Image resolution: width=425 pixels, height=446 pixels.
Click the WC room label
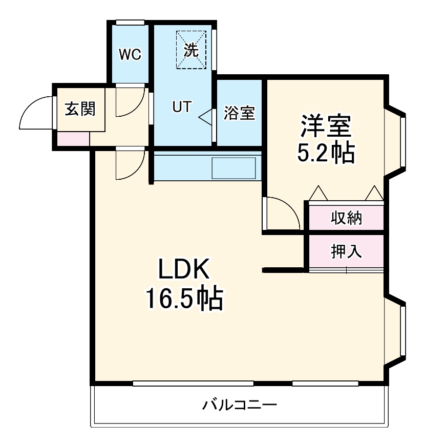tap(130, 54)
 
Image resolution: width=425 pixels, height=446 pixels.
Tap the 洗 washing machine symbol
tap(191, 50)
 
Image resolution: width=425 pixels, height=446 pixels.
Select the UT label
tap(181, 107)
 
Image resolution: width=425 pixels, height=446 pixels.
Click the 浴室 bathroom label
tap(239, 113)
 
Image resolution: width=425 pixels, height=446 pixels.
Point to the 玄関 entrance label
tap(80, 109)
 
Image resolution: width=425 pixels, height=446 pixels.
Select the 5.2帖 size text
tap(326, 152)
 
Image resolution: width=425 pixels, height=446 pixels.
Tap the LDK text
tap(184, 270)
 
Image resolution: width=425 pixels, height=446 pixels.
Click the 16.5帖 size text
tap(184, 299)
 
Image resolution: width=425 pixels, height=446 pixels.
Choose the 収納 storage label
tap(346, 218)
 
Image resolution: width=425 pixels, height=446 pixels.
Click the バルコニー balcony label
tap(240, 406)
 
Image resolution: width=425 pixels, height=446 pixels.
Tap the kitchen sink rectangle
tap(233, 168)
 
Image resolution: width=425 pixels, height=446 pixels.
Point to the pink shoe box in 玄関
tap(72, 139)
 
